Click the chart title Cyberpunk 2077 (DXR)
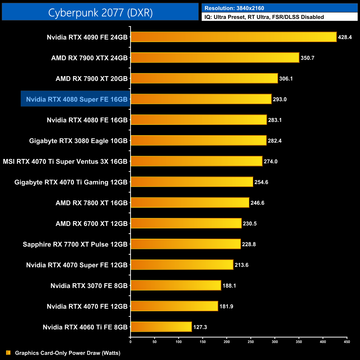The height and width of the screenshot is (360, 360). (100, 12)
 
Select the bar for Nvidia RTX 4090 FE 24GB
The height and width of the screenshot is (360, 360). (233, 37)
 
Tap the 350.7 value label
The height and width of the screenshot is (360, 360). (307, 58)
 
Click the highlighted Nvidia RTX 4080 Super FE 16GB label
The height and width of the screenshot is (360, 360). (77, 99)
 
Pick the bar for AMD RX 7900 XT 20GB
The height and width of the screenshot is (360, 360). (204, 78)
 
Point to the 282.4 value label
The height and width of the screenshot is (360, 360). (275, 141)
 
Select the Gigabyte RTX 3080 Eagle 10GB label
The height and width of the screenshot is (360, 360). (78, 141)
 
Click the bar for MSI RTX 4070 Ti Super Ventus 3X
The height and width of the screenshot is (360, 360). (196, 161)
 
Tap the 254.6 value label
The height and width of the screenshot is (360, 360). (261, 182)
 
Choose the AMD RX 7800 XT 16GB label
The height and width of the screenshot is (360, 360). (92, 203)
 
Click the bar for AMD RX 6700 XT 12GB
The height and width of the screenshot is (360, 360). (186, 223)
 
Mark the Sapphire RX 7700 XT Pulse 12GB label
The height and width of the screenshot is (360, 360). (75, 244)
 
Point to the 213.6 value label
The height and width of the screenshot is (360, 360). (241, 265)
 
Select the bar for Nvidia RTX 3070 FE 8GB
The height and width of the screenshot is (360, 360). (176, 286)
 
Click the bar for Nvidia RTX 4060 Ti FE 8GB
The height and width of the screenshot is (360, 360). (161, 327)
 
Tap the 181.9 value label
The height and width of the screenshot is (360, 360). (226, 306)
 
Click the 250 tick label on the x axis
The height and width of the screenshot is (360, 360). (251, 342)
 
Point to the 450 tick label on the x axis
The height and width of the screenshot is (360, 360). (347, 342)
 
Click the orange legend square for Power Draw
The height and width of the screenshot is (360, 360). (8, 353)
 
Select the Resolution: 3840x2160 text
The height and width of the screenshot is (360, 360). (234, 8)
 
